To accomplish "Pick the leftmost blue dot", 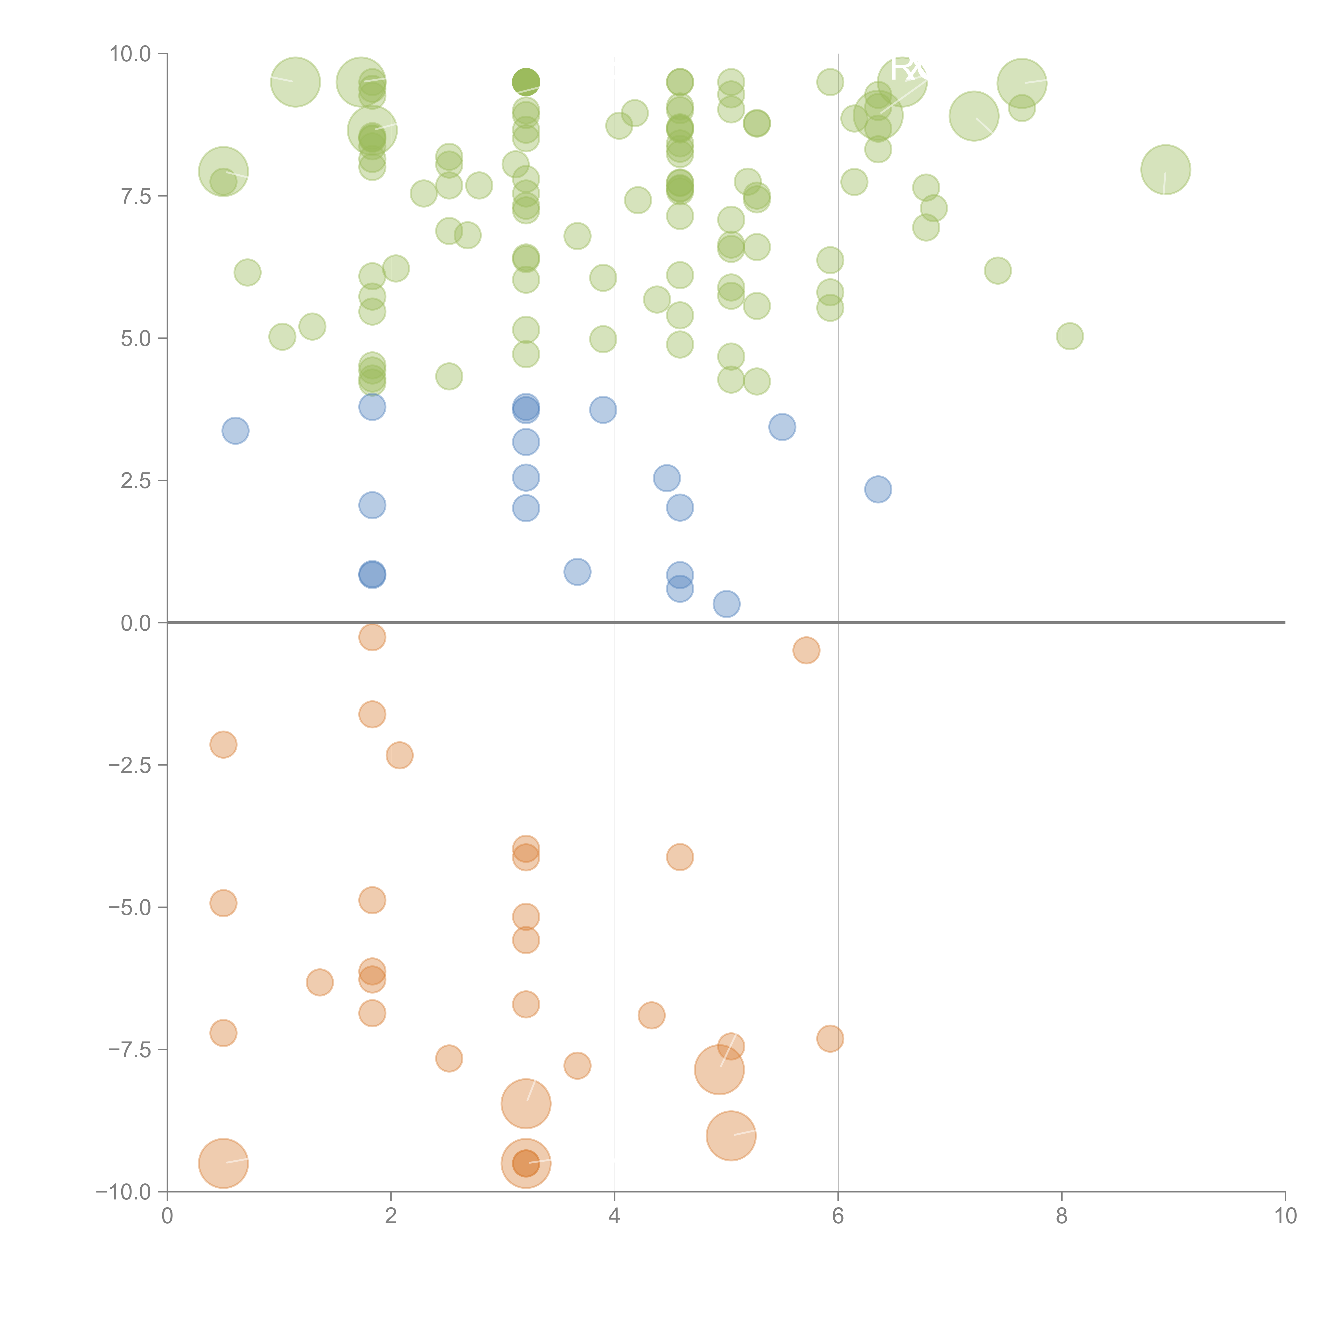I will coord(236,431).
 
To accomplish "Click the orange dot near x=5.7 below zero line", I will coord(806,650).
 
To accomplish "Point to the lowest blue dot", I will coord(726,604).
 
